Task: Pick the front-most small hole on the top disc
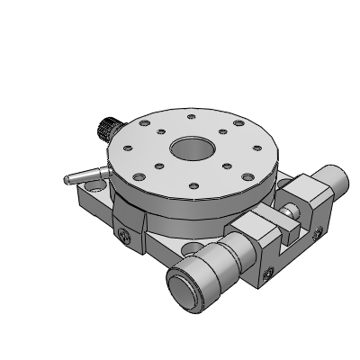coord(192,186)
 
